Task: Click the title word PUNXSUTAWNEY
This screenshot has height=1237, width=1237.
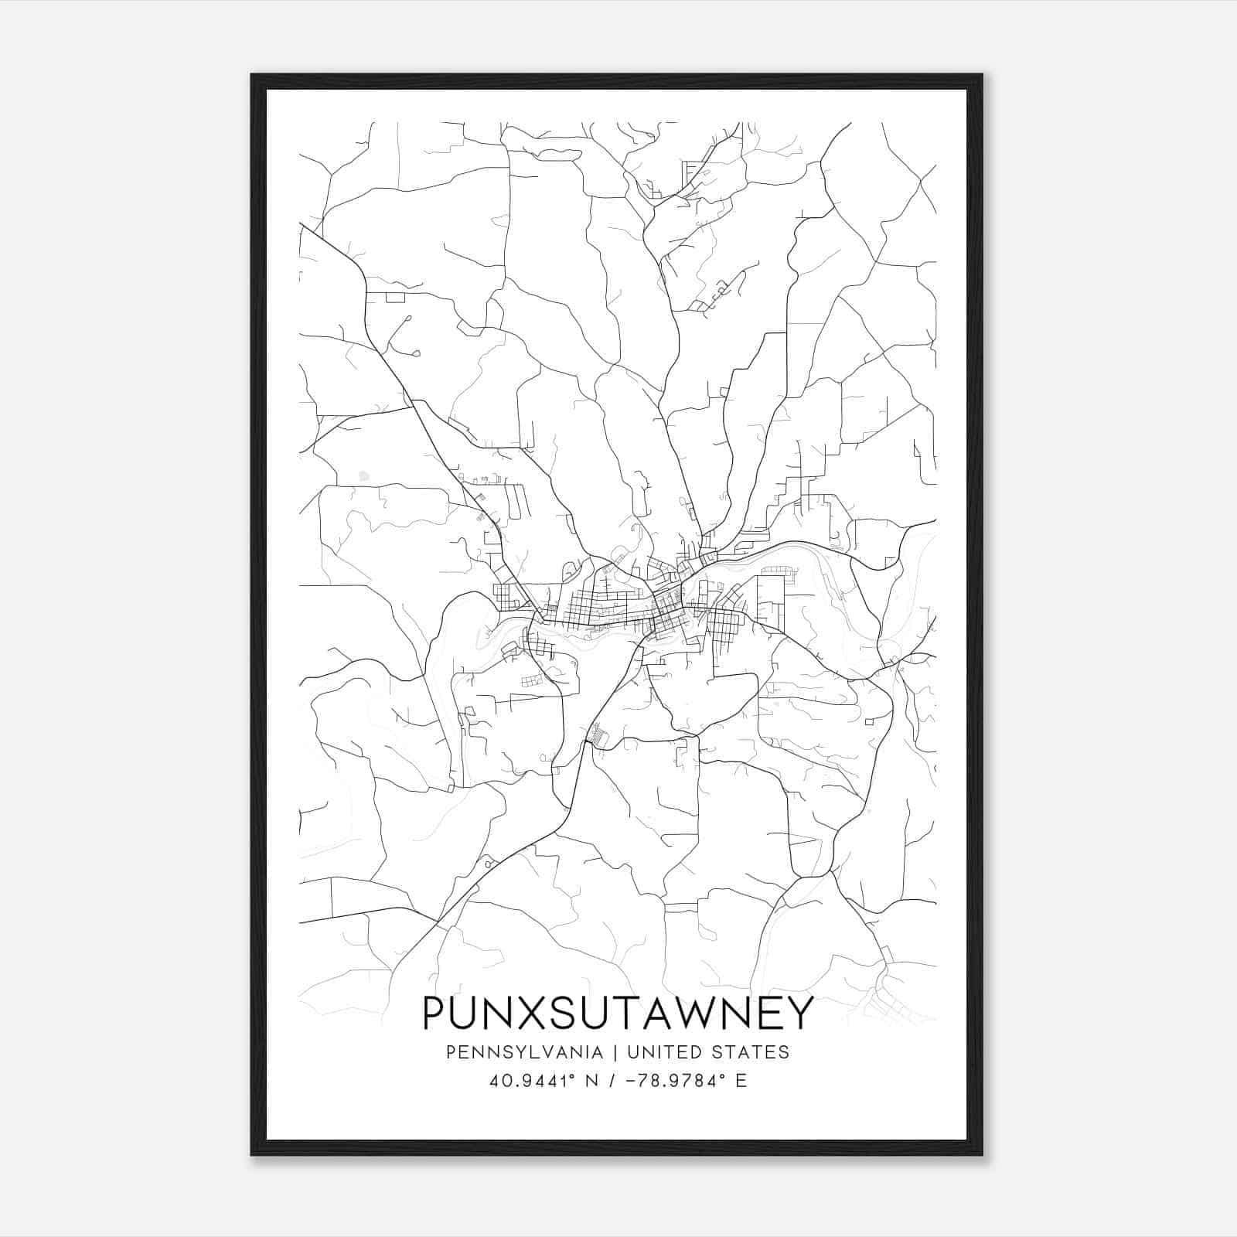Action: coord(618,1013)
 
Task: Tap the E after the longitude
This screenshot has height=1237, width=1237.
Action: coord(741,1081)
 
